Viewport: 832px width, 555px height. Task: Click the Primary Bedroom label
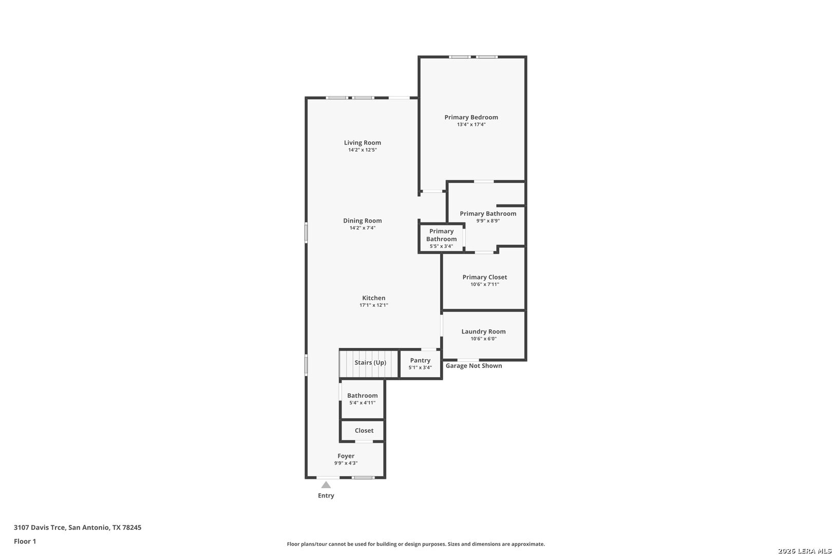tap(471, 117)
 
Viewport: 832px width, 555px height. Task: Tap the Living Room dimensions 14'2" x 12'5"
tap(362, 150)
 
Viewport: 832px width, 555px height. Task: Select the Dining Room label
tap(362, 221)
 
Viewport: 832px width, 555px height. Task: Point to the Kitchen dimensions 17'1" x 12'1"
tap(373, 305)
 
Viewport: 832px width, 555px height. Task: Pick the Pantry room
tap(420, 364)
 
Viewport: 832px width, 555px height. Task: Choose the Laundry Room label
tap(483, 331)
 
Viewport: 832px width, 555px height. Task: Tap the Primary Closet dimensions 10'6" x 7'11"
tap(484, 285)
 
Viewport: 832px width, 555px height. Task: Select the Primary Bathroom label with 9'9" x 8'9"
tap(488, 214)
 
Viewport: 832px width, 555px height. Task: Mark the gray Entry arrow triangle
tap(326, 485)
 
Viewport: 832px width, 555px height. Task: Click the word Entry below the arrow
tap(326, 496)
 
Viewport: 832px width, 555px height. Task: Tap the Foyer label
tap(346, 456)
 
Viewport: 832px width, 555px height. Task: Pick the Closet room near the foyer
tap(364, 431)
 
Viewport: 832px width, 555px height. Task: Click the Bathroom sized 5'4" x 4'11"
tap(362, 399)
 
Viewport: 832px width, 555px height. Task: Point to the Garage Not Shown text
tap(474, 366)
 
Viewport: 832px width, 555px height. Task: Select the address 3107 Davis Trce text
tap(77, 527)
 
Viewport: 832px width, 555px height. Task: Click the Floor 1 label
tap(25, 541)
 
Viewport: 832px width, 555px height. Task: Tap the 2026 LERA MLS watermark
tap(804, 551)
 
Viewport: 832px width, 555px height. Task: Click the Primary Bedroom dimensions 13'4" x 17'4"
tap(471, 124)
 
